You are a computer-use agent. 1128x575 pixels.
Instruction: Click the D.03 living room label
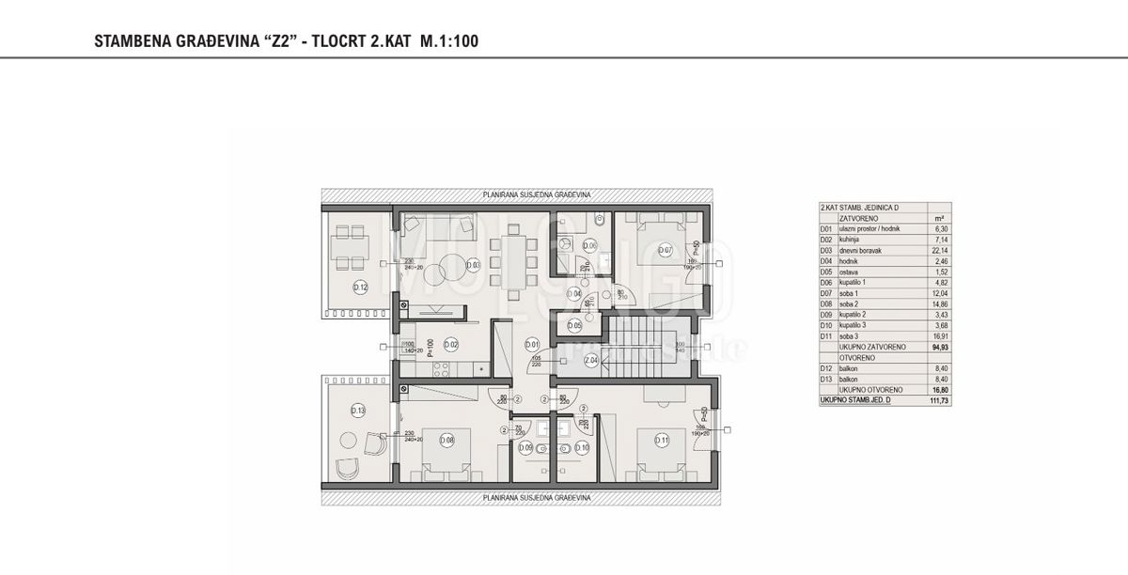474,265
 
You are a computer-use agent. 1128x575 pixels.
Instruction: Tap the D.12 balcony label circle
359,287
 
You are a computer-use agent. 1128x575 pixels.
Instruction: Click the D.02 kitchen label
450,345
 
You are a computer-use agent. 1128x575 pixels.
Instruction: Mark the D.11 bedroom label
663,437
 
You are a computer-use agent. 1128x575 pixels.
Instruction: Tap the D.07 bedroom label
665,249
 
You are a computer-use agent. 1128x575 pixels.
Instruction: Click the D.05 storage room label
574,325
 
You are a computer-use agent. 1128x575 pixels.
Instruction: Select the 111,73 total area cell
937,401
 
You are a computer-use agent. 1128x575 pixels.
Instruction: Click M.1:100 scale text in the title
446,41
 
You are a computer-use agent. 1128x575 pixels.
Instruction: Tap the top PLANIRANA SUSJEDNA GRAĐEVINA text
536,194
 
